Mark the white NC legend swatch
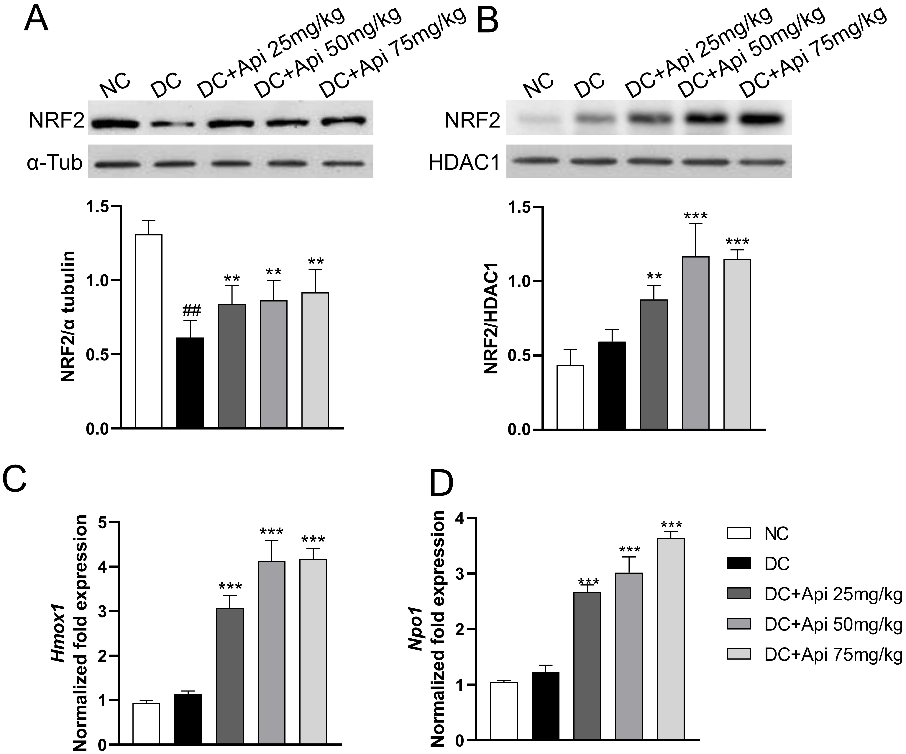pyautogui.click(x=739, y=533)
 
